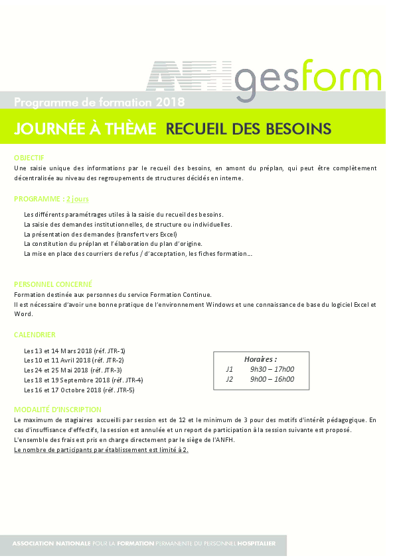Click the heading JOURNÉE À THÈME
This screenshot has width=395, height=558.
[x=85, y=129]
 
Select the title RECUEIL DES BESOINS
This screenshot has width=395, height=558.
[x=248, y=129]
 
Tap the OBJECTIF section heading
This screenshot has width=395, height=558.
[x=29, y=158]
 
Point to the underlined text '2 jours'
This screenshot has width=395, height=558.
[x=78, y=198]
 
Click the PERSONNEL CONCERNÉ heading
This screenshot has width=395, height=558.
[x=53, y=284]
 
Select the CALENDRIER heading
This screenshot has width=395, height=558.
[x=35, y=335]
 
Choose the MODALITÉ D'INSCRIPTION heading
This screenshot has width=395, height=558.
[x=58, y=410]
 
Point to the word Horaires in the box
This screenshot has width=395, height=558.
[x=260, y=359]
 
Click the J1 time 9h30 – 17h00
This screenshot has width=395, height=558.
[x=272, y=369]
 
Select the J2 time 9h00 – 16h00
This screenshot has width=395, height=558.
[x=272, y=380]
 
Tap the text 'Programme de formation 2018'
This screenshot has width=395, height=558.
[x=100, y=102]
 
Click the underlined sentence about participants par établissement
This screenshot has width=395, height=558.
[x=101, y=450]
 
